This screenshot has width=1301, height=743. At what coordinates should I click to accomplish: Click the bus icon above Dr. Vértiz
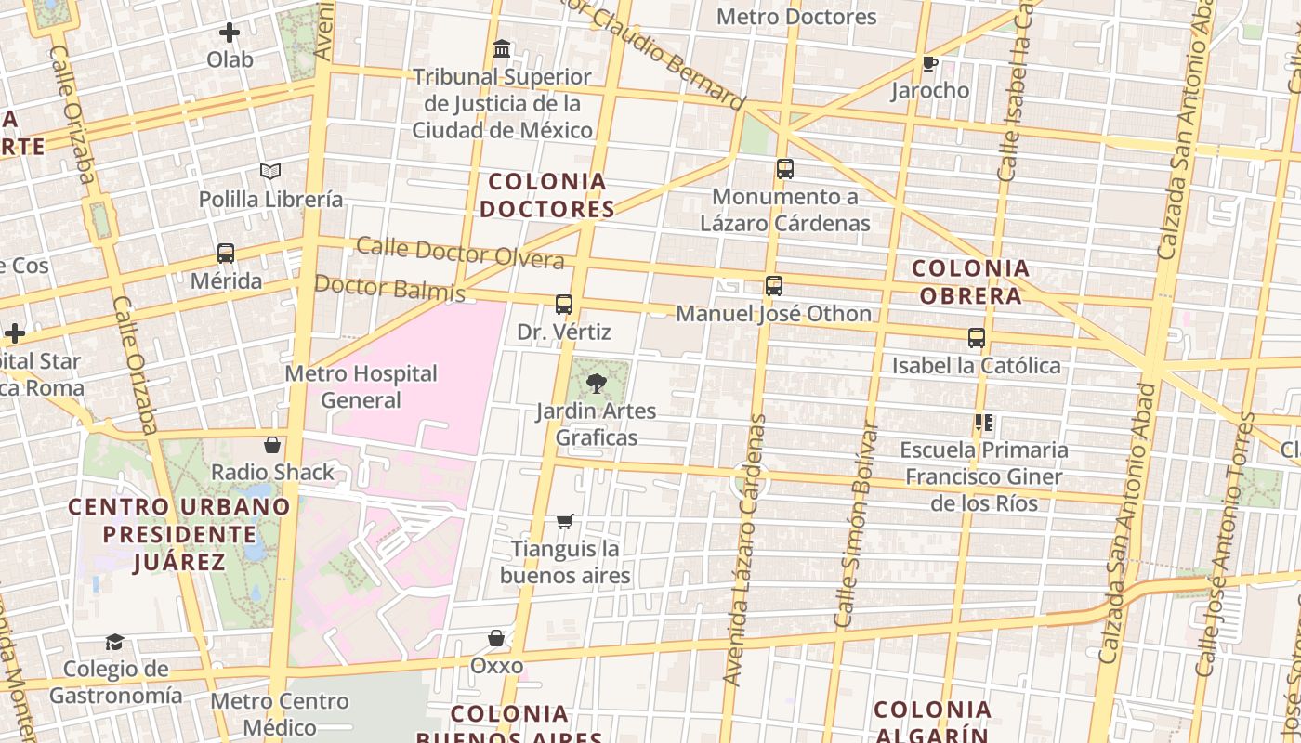pos(563,305)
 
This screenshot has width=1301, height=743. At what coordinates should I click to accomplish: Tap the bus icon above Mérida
pos(225,253)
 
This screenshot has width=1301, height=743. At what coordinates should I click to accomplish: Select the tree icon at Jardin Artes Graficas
pos(597,383)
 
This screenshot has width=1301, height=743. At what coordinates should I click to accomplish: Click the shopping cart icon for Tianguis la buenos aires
pos(564,521)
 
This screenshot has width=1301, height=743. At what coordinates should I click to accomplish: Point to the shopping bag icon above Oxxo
pos(496,638)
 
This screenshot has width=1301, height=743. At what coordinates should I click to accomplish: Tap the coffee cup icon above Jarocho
pos(929,63)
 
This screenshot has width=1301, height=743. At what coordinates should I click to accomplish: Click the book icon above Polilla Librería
pos(270,171)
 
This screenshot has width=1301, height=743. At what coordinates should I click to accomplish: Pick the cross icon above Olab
pos(230,33)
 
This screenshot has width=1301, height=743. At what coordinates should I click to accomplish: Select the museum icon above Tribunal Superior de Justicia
pos(502,48)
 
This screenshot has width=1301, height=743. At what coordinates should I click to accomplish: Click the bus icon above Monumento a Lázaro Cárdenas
pos(785,169)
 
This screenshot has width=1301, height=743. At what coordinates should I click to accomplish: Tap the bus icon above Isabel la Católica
pos(977,338)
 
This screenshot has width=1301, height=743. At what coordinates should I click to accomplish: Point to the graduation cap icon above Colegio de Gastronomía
pos(114,642)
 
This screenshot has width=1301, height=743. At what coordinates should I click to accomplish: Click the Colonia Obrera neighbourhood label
pos(971,282)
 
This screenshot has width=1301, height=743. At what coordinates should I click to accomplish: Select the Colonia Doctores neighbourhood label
pos(547,195)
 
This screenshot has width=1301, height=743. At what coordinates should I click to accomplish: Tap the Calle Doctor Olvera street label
pos(460,253)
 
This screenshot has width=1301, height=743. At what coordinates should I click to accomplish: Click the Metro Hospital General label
pos(361,386)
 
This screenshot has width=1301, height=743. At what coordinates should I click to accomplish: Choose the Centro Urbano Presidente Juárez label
pos(179,534)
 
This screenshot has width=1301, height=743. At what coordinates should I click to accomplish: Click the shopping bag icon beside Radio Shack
pos(272,445)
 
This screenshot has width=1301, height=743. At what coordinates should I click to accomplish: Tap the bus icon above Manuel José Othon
pos(774,286)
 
